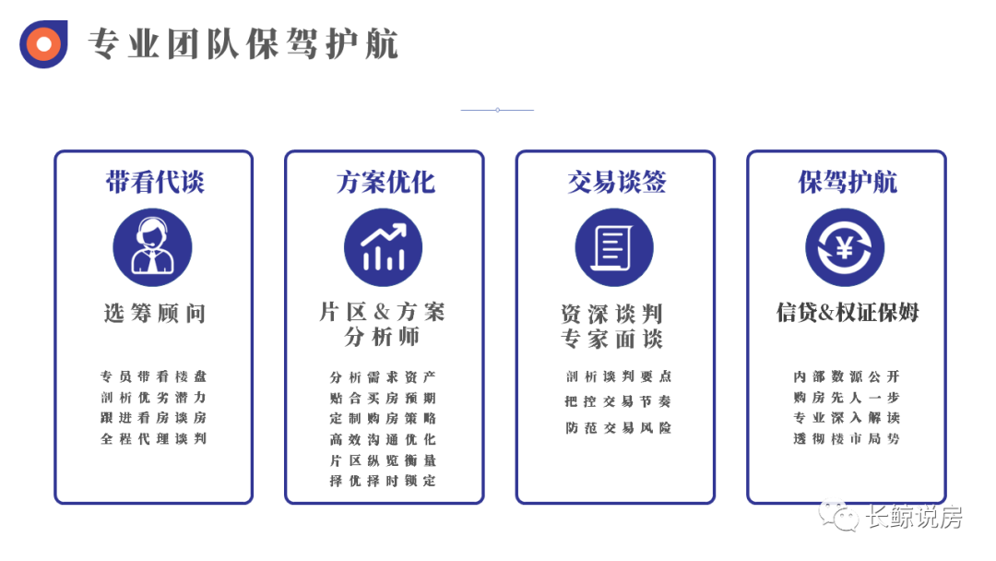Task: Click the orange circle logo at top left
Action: point(43,43)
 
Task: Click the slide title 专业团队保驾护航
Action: point(243,43)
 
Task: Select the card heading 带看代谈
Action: point(154,182)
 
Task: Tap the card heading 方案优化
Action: point(385,182)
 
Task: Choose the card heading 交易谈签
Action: point(615,182)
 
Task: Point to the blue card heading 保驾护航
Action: point(847,182)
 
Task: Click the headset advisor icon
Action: point(152,247)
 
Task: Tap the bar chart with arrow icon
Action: point(384,247)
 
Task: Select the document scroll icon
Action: point(614,247)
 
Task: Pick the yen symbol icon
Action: point(845,247)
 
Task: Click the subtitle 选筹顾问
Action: point(154,314)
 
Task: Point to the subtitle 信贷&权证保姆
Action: point(847,313)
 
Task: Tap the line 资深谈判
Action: point(611,314)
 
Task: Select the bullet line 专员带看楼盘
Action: point(153,376)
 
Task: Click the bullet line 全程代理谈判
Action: point(153,439)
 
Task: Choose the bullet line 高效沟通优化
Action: point(383,439)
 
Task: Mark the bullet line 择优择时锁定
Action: point(383,481)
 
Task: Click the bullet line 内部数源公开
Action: point(846,376)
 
